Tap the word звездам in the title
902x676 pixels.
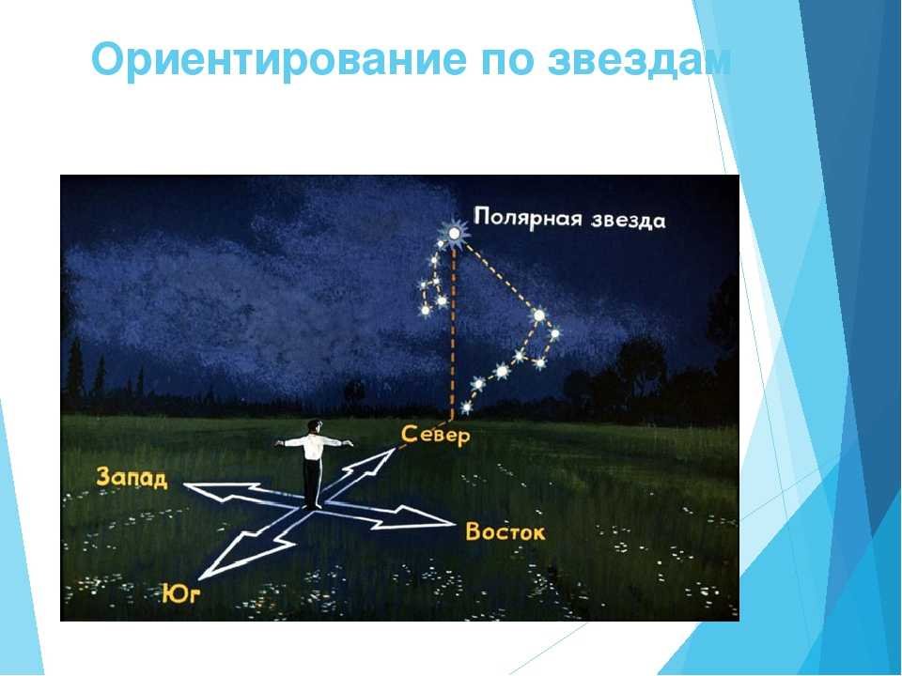639,60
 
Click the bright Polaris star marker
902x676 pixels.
454,234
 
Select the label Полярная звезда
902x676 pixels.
569,219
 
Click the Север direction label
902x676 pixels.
435,435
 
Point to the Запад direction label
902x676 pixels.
132,478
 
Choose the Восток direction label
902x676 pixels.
505,531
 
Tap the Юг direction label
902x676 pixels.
180,594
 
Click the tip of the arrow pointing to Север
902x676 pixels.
395,449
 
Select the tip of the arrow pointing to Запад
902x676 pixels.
184,484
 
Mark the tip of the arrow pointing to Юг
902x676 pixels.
201,577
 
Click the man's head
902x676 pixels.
314,426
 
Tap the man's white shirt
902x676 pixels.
314,447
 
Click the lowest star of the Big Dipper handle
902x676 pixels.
466,407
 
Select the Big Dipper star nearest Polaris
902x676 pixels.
539,315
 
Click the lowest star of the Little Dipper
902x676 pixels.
426,310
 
